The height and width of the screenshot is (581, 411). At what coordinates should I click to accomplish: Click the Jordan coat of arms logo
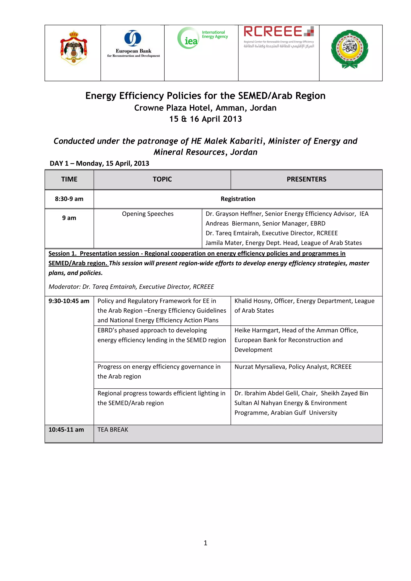point(73,48)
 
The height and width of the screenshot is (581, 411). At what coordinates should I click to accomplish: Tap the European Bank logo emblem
point(133,38)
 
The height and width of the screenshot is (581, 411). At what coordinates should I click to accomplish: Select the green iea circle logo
point(189,38)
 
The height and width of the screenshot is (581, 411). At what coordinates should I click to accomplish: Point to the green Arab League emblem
point(350,49)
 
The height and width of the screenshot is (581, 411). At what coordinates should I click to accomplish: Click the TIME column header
point(69,179)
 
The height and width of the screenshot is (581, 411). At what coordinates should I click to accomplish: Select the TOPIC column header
point(162,179)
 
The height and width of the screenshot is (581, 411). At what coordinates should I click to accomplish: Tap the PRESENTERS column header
point(306,179)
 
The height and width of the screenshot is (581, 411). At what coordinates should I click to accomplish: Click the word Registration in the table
point(238,199)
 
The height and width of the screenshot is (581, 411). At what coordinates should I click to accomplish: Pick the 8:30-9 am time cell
point(69,199)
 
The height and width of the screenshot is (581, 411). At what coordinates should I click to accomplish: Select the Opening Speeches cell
point(148,214)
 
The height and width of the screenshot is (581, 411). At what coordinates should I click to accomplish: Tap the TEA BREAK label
point(113,430)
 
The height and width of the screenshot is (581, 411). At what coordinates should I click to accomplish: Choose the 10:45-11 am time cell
point(66,430)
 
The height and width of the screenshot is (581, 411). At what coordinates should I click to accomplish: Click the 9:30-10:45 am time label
point(69,301)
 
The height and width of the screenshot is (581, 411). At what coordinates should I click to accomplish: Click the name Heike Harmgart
point(256,330)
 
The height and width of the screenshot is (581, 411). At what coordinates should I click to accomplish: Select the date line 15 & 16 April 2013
point(205,119)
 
